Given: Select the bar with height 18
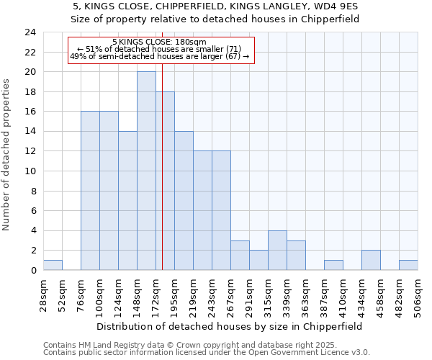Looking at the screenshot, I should [165, 181].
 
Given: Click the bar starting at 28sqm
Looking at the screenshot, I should [53, 265].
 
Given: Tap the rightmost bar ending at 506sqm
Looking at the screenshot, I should [408, 265].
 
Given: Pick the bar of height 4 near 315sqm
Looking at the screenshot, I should [277, 250].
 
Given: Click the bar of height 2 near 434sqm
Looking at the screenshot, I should [371, 260].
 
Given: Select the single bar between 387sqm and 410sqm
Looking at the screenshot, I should [333, 265].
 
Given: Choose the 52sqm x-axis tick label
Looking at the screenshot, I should [62, 294].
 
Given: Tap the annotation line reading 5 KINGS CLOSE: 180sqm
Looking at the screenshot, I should [160, 42].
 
